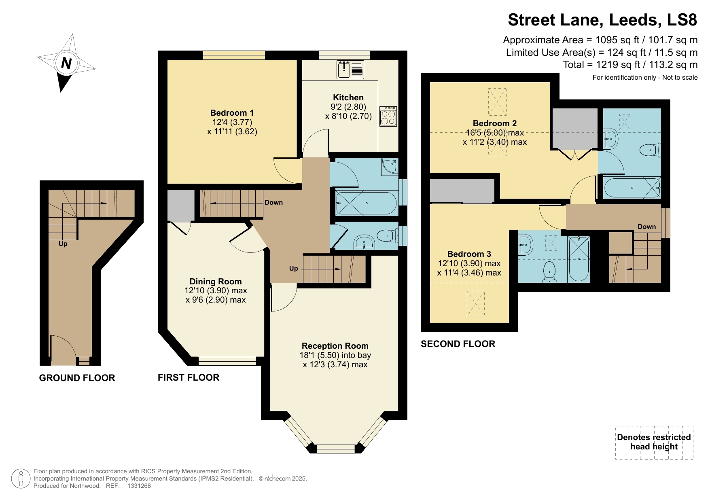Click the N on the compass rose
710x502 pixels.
(66, 64)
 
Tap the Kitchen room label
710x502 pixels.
(348, 97)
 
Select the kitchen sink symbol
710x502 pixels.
(350, 70)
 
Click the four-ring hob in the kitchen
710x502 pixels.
(388, 116)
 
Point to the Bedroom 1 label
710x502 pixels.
(232, 113)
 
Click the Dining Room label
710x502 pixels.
(216, 282)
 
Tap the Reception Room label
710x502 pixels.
(335, 346)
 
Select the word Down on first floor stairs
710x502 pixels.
(273, 202)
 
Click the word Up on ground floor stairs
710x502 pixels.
(63, 244)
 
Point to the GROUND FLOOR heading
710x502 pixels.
(77, 378)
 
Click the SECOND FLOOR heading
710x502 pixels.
(458, 344)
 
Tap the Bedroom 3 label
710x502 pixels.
(469, 254)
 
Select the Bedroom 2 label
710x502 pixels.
(494, 123)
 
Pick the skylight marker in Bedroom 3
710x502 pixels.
(475, 303)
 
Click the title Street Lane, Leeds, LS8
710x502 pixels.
(602, 20)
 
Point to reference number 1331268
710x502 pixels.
(139, 486)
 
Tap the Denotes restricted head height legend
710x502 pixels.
(654, 442)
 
